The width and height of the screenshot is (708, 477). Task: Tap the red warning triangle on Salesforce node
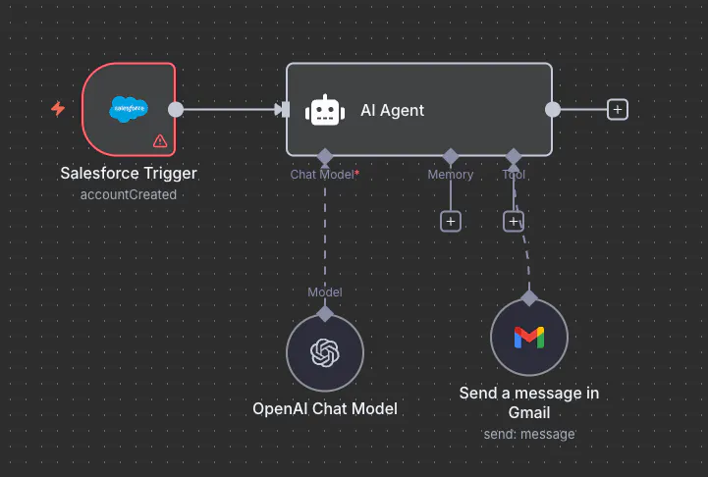click(x=160, y=140)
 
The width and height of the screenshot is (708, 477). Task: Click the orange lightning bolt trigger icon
click(x=58, y=109)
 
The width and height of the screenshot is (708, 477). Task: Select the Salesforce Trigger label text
click(x=129, y=174)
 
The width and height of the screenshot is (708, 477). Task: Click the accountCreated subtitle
click(x=129, y=194)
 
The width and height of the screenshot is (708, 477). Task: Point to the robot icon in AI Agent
click(x=325, y=110)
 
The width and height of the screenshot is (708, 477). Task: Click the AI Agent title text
click(x=393, y=110)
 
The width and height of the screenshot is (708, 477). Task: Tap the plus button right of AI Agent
click(x=617, y=109)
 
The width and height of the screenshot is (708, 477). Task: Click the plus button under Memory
click(x=451, y=221)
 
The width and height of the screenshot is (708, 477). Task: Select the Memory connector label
click(x=451, y=175)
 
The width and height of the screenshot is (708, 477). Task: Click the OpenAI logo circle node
click(x=325, y=353)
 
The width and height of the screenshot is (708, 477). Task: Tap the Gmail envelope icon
click(x=529, y=338)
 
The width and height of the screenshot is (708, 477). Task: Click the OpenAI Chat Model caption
click(x=325, y=408)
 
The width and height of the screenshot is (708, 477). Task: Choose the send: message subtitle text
click(x=529, y=433)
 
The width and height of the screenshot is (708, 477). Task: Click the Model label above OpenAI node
click(x=325, y=291)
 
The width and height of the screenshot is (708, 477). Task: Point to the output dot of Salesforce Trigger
click(x=176, y=109)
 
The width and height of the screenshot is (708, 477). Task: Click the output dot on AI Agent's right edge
click(x=553, y=109)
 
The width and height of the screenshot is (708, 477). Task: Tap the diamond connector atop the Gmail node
click(x=529, y=297)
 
